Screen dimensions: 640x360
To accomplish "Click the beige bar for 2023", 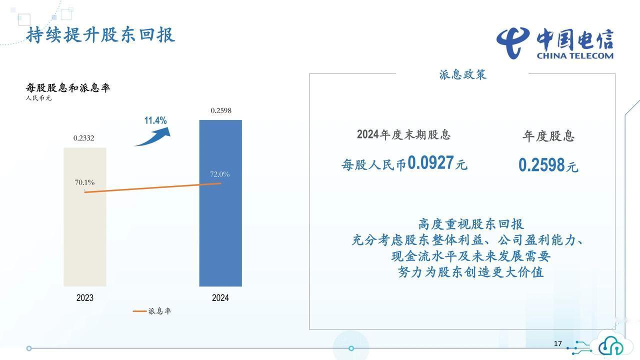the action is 85,217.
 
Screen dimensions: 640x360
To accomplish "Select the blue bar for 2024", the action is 220,203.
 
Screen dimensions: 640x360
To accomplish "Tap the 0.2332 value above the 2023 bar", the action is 83,138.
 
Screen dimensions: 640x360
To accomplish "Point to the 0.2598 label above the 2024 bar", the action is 221,110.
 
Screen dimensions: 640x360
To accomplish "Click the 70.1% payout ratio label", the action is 84,182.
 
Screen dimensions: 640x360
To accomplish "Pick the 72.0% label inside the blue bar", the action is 219,174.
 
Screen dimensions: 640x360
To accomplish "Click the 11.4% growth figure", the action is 155,120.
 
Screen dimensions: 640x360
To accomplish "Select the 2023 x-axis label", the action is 85,297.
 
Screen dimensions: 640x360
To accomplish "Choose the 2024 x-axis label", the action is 220,297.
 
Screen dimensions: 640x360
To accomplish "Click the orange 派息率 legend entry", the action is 152,311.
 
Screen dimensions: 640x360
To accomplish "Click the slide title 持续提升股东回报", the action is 100,35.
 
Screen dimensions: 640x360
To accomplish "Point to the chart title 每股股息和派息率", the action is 67,87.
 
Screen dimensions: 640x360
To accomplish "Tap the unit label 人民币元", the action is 38,98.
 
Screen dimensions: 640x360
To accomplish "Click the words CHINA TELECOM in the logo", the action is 575,55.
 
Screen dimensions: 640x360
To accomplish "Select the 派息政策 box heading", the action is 462,74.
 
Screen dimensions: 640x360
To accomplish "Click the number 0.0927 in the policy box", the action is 431,162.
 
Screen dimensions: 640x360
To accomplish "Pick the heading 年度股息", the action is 548,136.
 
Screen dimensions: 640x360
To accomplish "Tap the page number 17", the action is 557,343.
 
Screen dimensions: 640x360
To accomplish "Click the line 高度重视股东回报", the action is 471,224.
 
